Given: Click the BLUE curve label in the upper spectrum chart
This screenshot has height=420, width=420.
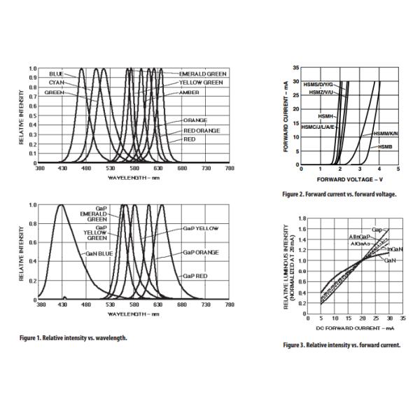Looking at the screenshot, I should tap(56, 73).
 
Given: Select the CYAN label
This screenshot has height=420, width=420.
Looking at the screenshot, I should tap(57, 82).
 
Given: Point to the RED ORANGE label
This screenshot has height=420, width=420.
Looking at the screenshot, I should tap(202, 130).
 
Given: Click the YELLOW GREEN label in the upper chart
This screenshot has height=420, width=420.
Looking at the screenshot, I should tap(201, 82).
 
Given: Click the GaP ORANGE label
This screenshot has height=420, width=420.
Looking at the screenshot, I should tap(201, 251).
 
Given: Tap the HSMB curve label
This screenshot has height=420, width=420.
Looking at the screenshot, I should tap(386, 146).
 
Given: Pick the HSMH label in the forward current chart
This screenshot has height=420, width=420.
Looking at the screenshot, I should tap(325, 115).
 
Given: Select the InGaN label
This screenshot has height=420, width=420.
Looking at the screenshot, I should tap(394, 249).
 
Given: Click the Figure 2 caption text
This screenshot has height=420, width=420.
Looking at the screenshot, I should tap(339, 195).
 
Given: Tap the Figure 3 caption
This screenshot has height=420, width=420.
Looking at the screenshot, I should tap(342, 345).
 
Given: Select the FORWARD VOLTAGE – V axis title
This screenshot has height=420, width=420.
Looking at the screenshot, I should tap(348, 179).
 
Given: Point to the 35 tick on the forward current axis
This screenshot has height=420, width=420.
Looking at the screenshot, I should tap(296, 67).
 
